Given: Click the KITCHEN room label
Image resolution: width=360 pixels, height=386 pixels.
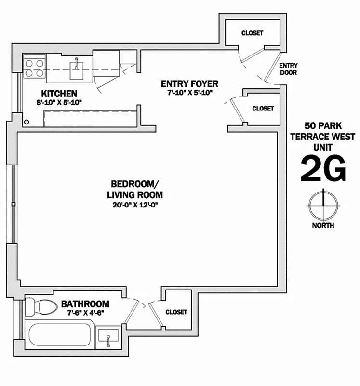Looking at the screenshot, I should [59, 93].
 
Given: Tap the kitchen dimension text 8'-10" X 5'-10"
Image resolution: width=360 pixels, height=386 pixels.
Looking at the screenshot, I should [59, 102].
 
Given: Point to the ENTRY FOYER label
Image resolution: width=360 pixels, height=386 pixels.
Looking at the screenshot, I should [189, 83].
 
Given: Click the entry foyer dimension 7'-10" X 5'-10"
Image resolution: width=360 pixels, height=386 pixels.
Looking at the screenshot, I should [189, 92].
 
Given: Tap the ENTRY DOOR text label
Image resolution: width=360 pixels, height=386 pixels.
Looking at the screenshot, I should [288, 69].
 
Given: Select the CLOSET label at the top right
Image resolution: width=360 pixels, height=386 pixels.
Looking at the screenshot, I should [252, 33].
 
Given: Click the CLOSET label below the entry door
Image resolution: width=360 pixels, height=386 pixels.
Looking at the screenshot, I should [263, 109].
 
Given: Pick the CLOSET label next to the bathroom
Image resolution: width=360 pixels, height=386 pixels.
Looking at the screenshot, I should [176, 312].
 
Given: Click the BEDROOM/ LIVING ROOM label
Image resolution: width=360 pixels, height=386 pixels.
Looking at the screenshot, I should [134, 189].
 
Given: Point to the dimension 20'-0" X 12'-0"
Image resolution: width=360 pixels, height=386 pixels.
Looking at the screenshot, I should [134, 205].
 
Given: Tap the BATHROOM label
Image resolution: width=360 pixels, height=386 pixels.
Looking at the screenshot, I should [85, 304].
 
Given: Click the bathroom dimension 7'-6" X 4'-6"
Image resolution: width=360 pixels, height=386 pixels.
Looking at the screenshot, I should [85, 313].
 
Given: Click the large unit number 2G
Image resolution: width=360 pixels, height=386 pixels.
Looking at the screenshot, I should [323, 168].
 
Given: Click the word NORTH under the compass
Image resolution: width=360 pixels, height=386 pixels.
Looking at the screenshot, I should [323, 225].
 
